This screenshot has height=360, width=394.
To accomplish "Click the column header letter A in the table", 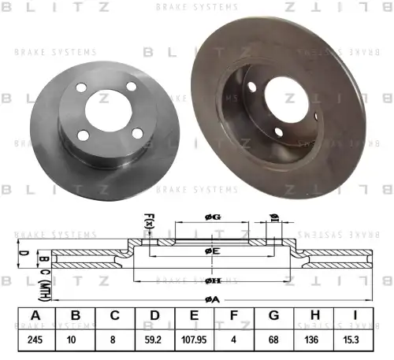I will pos(35,317).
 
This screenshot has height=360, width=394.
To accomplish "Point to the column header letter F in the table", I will pos(235,317).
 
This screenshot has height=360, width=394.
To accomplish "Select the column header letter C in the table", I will pos(115,317).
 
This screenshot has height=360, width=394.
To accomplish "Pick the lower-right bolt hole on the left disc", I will pos(138,132).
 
